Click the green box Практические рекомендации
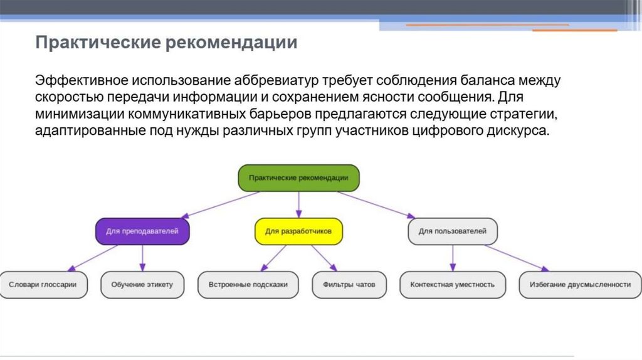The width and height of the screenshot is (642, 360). tap(298, 178)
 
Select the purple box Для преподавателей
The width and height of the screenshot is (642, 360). tap(142, 231)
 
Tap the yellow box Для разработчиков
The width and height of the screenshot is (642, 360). tap(298, 231)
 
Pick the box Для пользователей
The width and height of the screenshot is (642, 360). tap(453, 231)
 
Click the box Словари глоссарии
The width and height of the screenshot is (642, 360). tap(43, 284)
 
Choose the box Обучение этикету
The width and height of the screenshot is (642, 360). tap(142, 284)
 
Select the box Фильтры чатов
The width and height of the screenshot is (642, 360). tap(349, 284)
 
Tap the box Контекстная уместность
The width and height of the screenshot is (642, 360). tap(453, 284)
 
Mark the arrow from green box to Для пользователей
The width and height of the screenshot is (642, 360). tap(376, 204)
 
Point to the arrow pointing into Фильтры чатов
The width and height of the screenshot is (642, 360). tap(325, 257)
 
